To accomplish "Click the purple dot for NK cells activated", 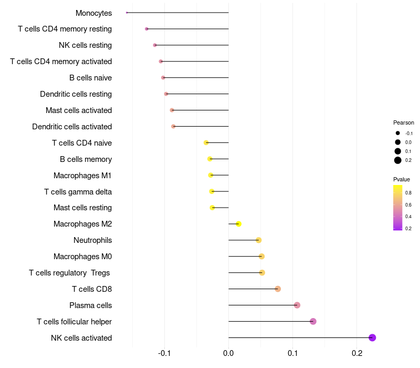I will [x=372, y=338].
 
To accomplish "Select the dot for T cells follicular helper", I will [x=313, y=321].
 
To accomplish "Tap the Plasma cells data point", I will [x=297, y=305].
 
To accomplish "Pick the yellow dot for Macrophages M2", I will [x=238, y=224].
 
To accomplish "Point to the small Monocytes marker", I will [x=127, y=13].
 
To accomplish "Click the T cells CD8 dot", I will [x=278, y=289].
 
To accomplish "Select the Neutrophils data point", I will [x=258, y=240].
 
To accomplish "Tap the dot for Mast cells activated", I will [x=172, y=110].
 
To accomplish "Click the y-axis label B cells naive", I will [x=90, y=78].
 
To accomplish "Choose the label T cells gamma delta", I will [x=78, y=191].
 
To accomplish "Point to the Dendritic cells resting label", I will [x=76, y=94].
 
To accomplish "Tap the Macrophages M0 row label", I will [x=82, y=257].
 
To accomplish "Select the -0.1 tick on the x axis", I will [x=164, y=352].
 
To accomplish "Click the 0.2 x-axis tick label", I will [x=356, y=352].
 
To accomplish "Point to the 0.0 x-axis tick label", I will [x=228, y=352].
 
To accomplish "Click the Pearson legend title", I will [x=403, y=122].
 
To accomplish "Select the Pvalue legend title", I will [x=402, y=179].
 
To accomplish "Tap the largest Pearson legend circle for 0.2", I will [x=398, y=160].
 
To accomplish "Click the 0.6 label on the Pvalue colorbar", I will [x=408, y=205].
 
